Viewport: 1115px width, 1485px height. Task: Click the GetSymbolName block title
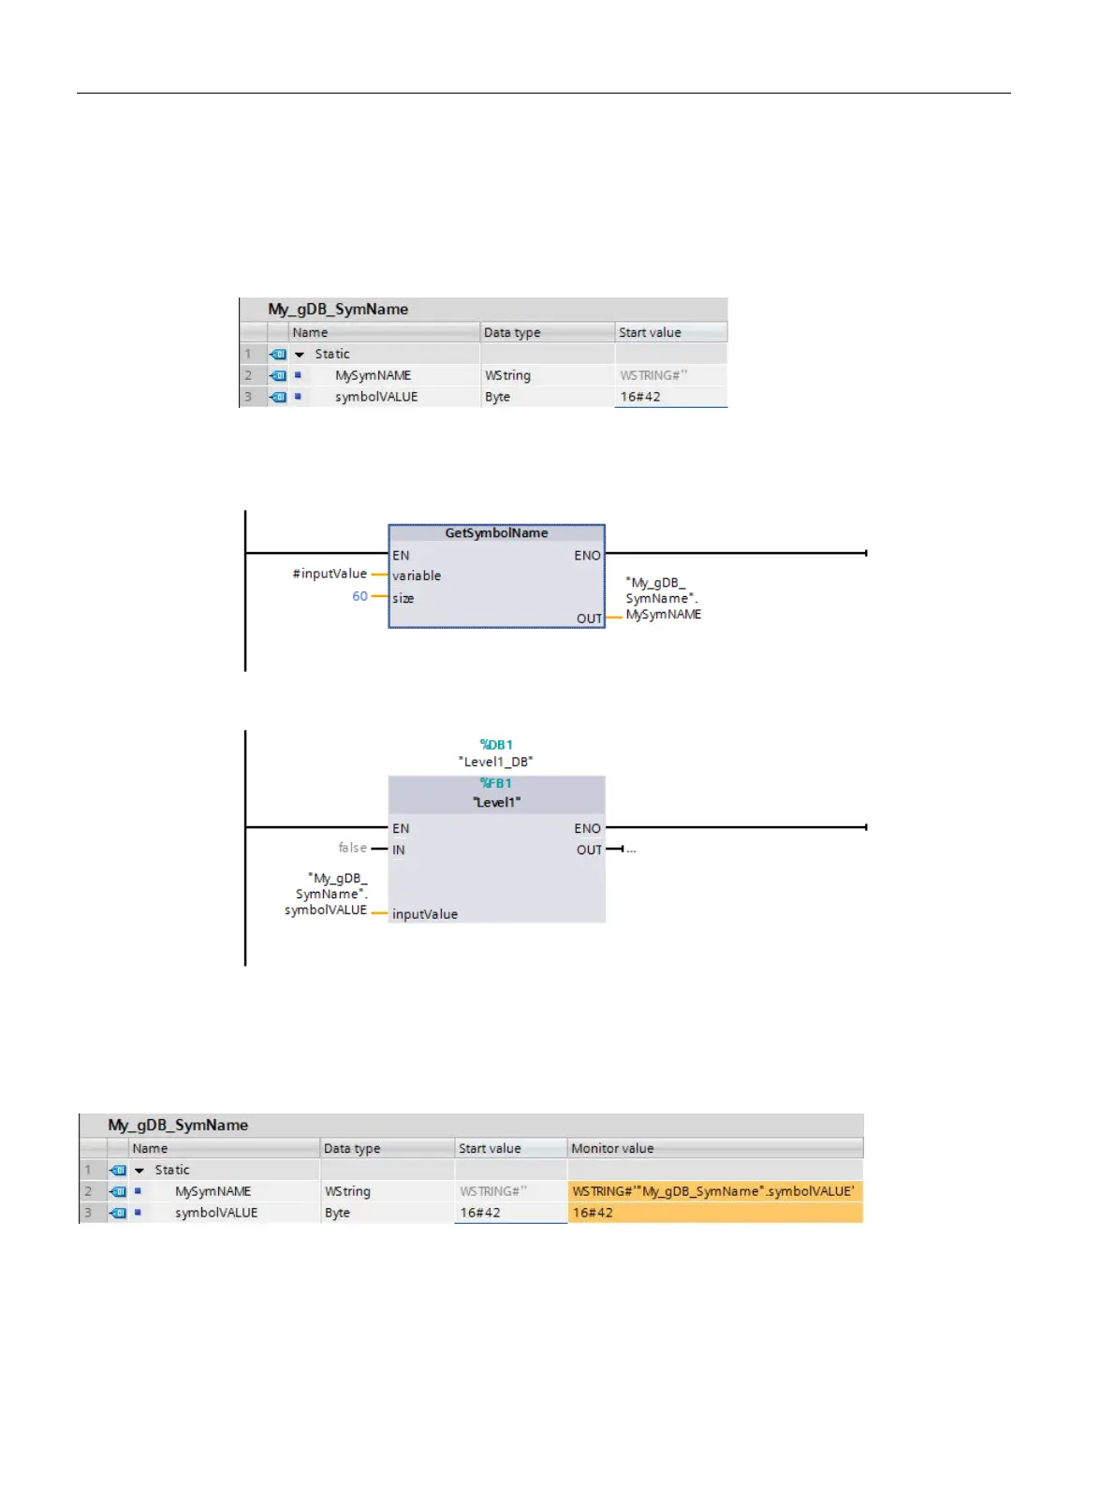(496, 533)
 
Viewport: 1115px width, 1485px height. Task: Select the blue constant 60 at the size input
(359, 597)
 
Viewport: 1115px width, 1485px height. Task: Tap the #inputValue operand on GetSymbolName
(330, 575)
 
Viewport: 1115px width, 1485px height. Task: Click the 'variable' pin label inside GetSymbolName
(417, 576)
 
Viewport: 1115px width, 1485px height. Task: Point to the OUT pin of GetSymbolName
(589, 619)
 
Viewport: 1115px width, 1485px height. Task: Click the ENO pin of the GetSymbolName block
(587, 556)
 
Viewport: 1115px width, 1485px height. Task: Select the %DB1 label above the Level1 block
(496, 745)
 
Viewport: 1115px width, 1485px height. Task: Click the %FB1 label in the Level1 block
(496, 783)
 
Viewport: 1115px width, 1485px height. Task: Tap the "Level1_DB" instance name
(496, 762)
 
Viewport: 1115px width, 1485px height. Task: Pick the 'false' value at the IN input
(352, 848)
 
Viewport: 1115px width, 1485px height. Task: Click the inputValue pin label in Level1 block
(425, 914)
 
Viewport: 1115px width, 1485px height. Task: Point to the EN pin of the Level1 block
(401, 829)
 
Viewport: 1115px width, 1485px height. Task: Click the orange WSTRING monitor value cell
(714, 1191)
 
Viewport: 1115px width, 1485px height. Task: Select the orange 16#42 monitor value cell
(714, 1213)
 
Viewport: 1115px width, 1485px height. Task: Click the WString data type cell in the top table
(508, 375)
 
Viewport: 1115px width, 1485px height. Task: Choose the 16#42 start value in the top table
(640, 397)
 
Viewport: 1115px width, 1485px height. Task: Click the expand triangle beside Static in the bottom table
(139, 1171)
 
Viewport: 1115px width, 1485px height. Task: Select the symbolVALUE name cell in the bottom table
(216, 1213)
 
